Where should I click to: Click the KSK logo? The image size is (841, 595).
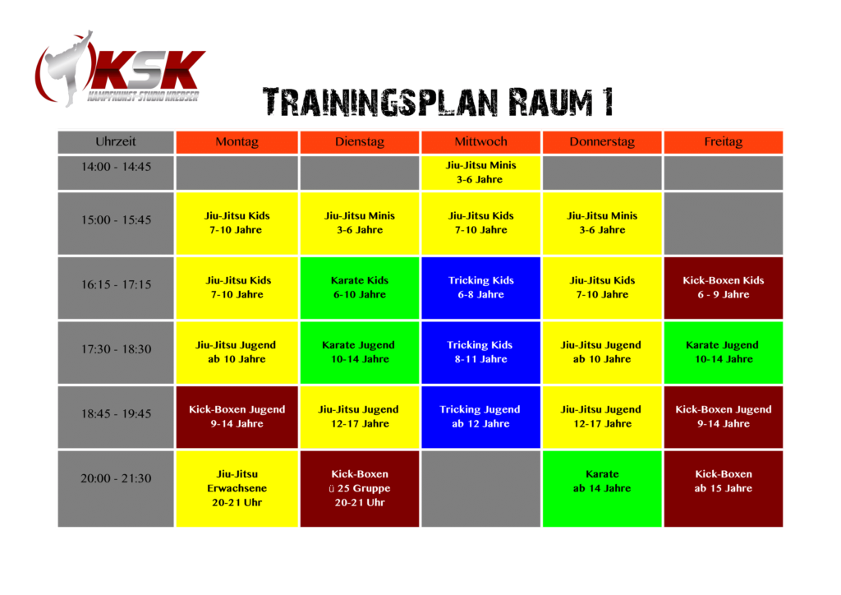(x=120, y=69)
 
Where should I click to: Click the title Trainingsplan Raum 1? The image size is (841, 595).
(x=438, y=102)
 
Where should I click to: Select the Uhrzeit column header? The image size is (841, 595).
(x=116, y=142)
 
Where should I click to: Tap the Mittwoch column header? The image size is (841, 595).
(x=480, y=142)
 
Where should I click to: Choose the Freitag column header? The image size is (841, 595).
(x=723, y=142)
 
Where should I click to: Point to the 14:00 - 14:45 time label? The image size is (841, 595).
(x=116, y=167)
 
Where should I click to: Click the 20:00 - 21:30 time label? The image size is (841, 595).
(x=116, y=478)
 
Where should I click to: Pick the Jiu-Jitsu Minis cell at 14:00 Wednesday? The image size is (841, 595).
(x=480, y=173)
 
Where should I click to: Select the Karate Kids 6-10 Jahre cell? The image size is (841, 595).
(x=360, y=288)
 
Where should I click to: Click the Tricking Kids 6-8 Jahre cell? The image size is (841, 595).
(x=480, y=288)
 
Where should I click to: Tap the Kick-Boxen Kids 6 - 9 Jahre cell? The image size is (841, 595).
(x=723, y=288)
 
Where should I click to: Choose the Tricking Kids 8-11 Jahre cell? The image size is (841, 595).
(x=480, y=353)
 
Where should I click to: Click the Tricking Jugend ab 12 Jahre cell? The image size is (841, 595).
(x=480, y=417)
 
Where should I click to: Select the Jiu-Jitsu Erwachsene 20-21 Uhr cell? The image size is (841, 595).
(x=237, y=489)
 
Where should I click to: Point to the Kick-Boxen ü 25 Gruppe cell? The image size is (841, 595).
(x=360, y=489)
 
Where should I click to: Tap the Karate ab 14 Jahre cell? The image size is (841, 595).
(x=602, y=489)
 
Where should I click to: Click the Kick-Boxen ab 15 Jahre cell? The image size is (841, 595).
(x=723, y=489)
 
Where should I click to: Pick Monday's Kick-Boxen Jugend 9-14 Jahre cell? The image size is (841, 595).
(x=237, y=417)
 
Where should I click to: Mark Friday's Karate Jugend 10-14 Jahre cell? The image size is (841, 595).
(x=723, y=353)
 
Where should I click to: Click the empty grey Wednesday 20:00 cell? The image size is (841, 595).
(x=480, y=489)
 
